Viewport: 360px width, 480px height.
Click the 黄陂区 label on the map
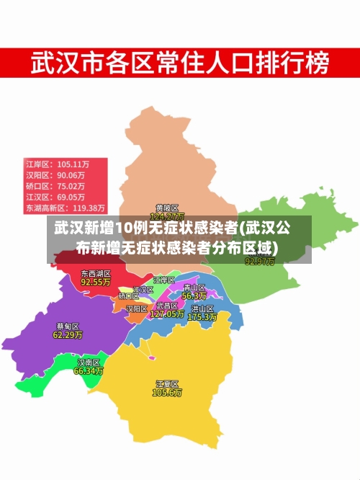click(x=167, y=208)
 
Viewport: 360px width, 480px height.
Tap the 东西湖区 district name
click(x=95, y=274)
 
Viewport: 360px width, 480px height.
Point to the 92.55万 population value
click(x=95, y=283)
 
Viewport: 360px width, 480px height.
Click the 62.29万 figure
click(x=68, y=335)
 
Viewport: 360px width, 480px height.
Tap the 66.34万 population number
click(x=89, y=371)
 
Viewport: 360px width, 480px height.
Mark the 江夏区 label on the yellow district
click(x=167, y=383)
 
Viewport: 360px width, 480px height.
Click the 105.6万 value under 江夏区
click(x=167, y=393)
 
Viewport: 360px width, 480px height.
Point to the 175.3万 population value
click(x=202, y=316)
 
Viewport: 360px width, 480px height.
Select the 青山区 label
click(x=194, y=287)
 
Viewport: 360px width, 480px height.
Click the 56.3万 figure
click(x=194, y=295)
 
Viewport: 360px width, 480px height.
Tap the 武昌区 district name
click(x=167, y=306)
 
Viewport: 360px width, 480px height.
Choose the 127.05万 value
click(x=167, y=314)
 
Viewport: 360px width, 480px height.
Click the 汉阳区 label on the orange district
click(x=136, y=308)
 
